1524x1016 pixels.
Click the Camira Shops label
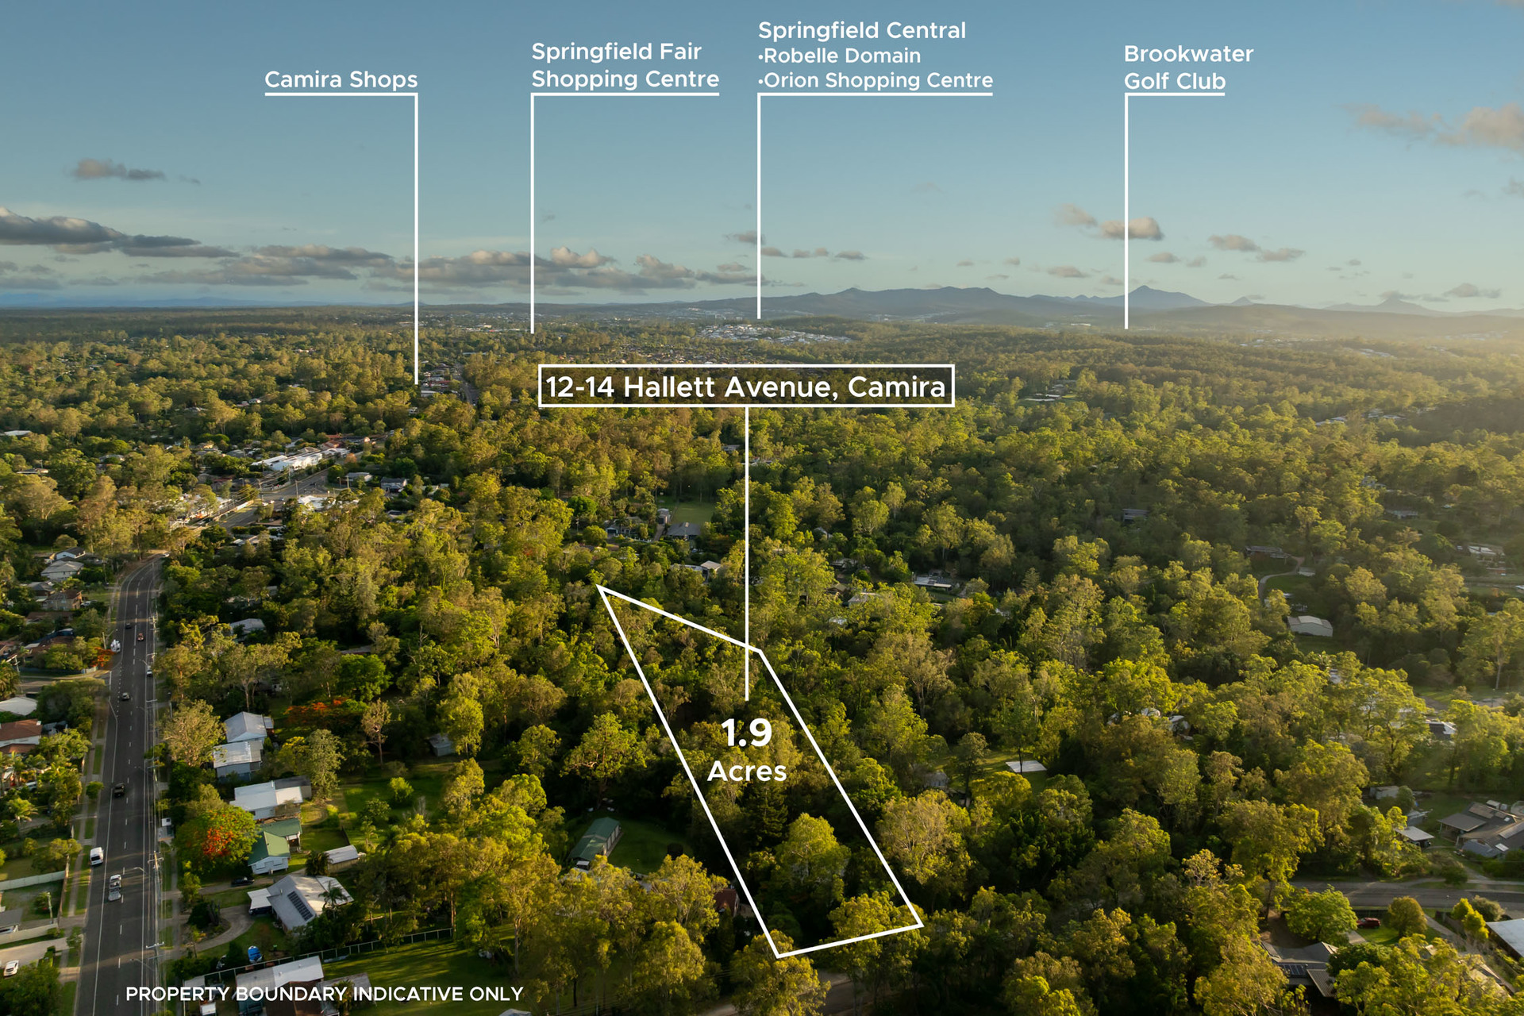pos(341,79)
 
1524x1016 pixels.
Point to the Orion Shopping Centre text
pos(876,80)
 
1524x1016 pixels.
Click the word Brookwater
pos(1188,54)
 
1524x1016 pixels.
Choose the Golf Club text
pos(1175,81)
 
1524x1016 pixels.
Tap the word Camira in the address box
pos(897,387)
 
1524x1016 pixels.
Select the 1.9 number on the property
pos(746,733)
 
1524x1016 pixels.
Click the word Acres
pos(747,772)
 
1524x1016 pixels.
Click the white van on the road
pos(96,856)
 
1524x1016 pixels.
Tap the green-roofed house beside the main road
pos(270,852)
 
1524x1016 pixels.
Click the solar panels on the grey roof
pos(300,905)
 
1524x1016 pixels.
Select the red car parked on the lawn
pos(1368,922)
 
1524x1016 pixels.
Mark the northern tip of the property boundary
pos(599,588)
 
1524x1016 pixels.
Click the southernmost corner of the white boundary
pos(778,955)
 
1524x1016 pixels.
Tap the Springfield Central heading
pos(861,30)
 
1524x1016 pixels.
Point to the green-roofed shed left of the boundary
pos(595,840)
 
